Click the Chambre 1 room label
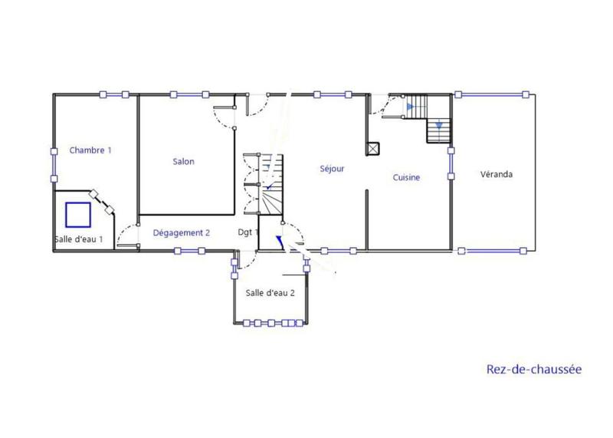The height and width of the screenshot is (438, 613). [x=90, y=150]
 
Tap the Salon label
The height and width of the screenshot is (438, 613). [x=183, y=162]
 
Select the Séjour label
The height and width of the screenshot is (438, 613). [x=332, y=169]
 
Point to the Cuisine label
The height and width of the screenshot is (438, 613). [x=406, y=178]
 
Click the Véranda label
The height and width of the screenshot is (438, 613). [x=496, y=174]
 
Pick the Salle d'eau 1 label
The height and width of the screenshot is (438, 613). [x=79, y=239]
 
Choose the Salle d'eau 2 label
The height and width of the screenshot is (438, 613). [x=270, y=293]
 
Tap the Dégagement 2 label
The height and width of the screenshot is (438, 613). [x=182, y=232]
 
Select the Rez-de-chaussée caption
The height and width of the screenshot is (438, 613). [x=534, y=370]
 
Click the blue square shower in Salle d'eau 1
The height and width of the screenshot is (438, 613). [x=78, y=214]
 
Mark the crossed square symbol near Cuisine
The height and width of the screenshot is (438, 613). [x=374, y=149]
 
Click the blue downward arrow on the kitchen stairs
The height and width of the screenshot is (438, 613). [x=438, y=124]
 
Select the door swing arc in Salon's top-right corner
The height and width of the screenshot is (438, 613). [x=225, y=117]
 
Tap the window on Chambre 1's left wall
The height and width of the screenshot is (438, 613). [x=54, y=163]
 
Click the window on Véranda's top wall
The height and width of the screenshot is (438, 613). [x=492, y=94]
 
